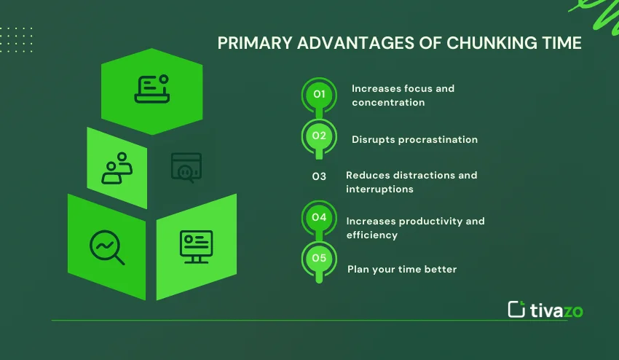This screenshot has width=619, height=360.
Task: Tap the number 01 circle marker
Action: pyautogui.click(x=319, y=95)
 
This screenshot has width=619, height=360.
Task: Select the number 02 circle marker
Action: pyautogui.click(x=319, y=137)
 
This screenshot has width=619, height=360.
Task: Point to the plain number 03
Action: pyautogui.click(x=319, y=176)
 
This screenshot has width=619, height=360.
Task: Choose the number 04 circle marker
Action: pyautogui.click(x=319, y=218)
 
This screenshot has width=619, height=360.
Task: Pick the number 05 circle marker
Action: pyautogui.click(x=319, y=259)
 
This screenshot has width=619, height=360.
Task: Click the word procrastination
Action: pyautogui.click(x=438, y=140)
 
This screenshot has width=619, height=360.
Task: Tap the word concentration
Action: pyautogui.click(x=388, y=102)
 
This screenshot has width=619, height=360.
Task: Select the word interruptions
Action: pyautogui.click(x=379, y=189)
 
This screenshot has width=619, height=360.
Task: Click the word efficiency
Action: pyautogui.click(x=372, y=235)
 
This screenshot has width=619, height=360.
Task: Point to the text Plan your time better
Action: pyautogui.click(x=402, y=270)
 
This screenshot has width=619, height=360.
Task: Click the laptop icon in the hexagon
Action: pyautogui.click(x=152, y=89)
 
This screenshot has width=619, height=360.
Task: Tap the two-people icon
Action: pyautogui.click(x=117, y=168)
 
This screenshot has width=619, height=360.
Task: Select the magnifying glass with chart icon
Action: pyautogui.click(x=107, y=247)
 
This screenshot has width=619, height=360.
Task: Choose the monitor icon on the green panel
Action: pyautogui.click(x=196, y=247)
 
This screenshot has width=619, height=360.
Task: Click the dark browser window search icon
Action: pyautogui.click(x=186, y=168)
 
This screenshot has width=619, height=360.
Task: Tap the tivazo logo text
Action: pyautogui.click(x=556, y=310)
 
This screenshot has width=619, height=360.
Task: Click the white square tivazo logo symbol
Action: pyautogui.click(x=516, y=310)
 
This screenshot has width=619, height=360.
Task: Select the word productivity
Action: pyautogui.click(x=430, y=222)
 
